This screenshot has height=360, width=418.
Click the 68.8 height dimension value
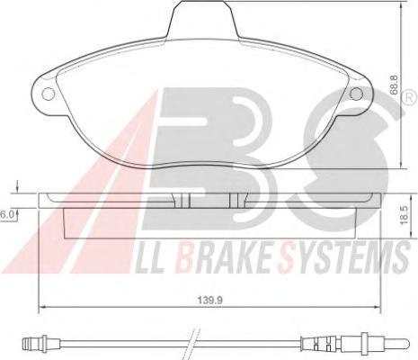[x=395, y=85]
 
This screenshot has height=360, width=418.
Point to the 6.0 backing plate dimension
[x=6, y=214]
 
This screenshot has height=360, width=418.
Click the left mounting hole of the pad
[x=49, y=94]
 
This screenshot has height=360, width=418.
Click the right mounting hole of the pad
[x=356, y=94]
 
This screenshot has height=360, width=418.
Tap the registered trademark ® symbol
[x=411, y=98]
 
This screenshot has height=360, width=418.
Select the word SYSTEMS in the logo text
[x=343, y=257]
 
